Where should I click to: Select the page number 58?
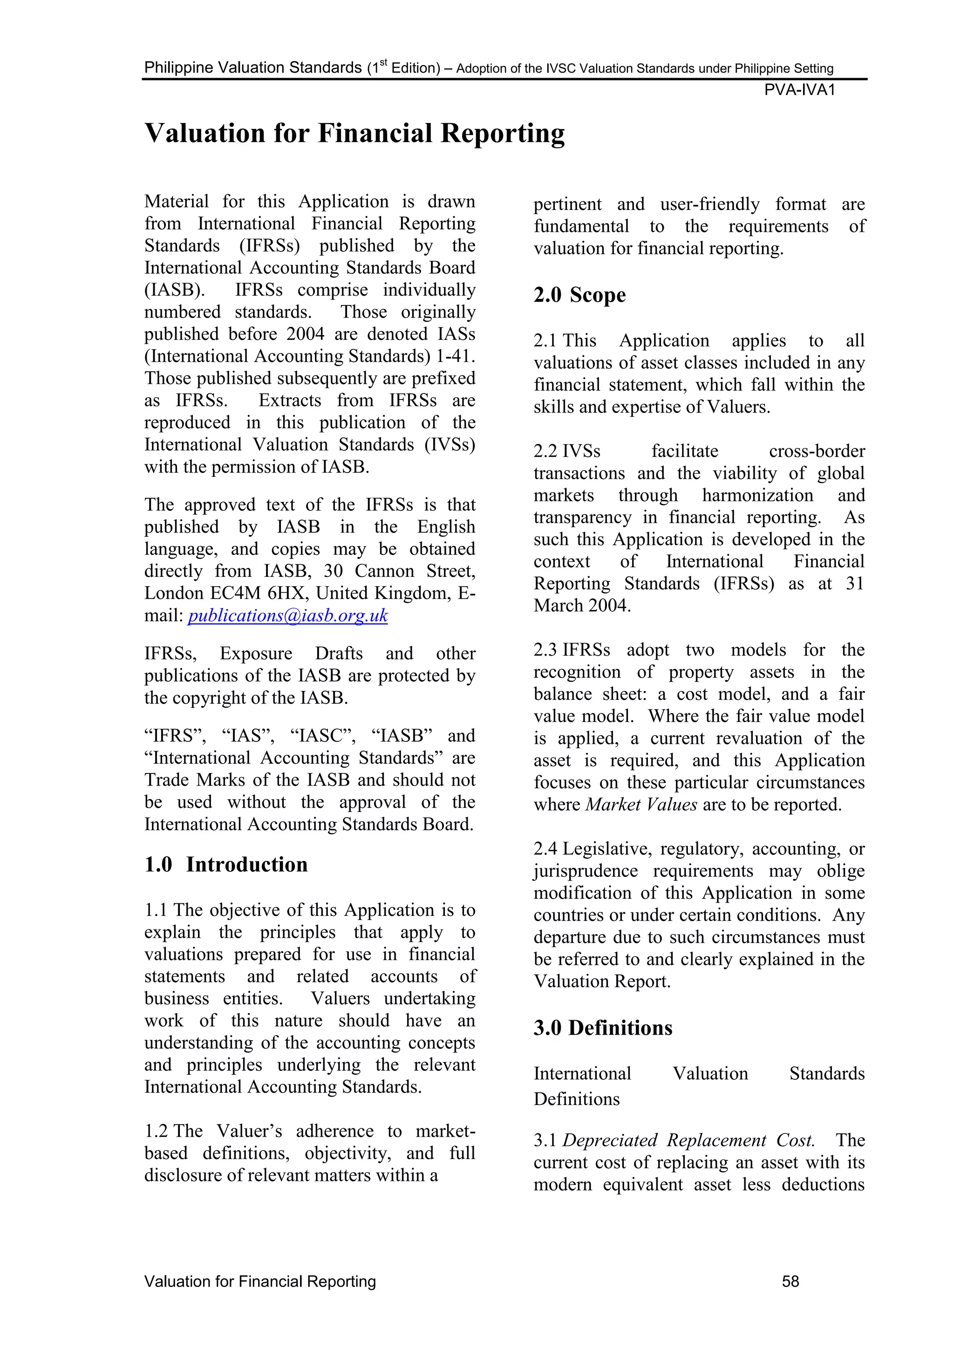[790, 1281]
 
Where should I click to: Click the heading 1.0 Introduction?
[226, 865]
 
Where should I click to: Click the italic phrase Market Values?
[641, 804]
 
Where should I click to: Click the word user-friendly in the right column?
[709, 204]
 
